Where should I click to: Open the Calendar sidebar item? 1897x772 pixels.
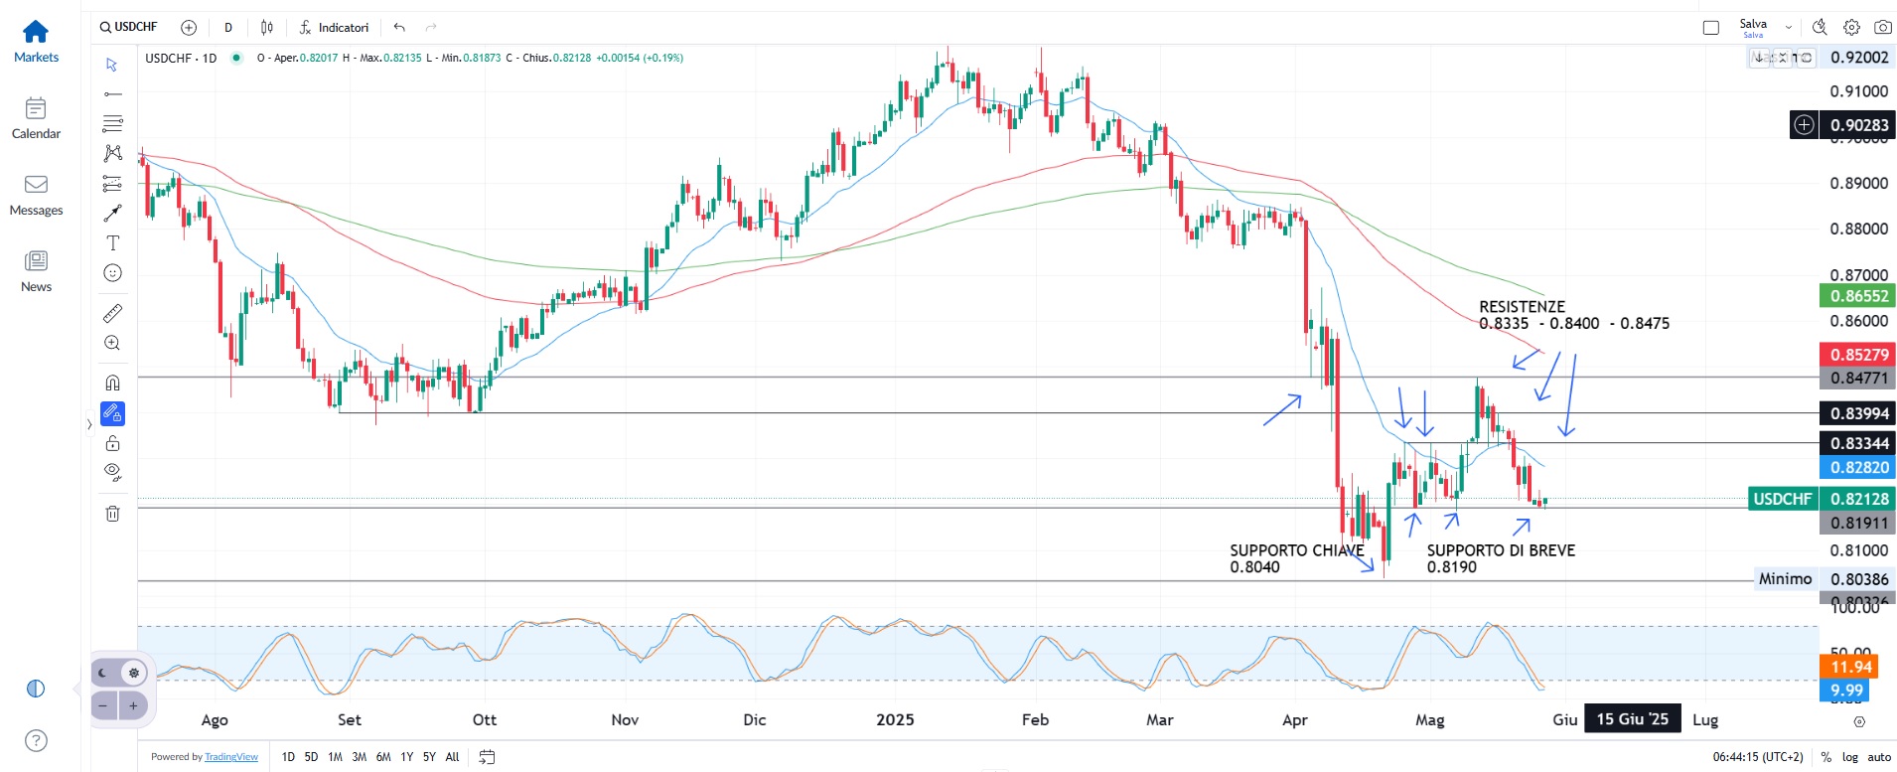(x=36, y=118)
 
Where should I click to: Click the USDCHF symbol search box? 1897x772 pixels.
(x=129, y=27)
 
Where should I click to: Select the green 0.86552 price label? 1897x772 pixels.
(x=1857, y=296)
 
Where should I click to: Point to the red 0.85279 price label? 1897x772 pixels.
(x=1857, y=355)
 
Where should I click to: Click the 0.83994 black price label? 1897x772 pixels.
(x=1857, y=413)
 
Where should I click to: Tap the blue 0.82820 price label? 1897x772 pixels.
(x=1857, y=467)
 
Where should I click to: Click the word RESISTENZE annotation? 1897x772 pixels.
(x=1522, y=307)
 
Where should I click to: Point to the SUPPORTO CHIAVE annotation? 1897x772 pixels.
(x=1296, y=550)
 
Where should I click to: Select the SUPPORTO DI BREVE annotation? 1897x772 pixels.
(x=1501, y=550)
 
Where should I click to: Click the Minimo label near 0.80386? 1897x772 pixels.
(x=1785, y=578)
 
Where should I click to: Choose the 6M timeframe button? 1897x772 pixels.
(x=383, y=757)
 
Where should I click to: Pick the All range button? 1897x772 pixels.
(x=452, y=757)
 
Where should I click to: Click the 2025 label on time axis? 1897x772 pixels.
(x=895, y=719)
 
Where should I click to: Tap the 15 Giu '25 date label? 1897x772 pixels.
(x=1632, y=718)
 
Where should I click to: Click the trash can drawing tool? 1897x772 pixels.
(x=113, y=514)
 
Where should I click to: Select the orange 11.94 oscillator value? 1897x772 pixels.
(x=1850, y=667)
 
